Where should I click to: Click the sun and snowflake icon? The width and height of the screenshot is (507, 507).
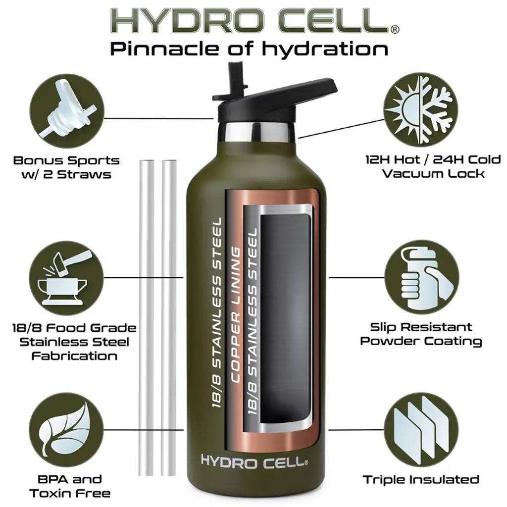click(421, 109)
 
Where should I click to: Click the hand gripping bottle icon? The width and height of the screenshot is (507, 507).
click(421, 277)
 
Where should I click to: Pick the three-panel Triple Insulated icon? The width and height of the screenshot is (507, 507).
click(421, 430)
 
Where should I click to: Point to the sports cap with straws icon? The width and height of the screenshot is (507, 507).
click(67, 109)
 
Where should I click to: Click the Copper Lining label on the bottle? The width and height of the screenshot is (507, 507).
click(236, 315)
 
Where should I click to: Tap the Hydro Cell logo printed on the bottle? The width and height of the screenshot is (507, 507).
click(254, 461)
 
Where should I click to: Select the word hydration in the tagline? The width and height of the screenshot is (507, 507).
click(325, 49)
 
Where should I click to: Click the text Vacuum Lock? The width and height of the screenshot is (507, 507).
click(433, 174)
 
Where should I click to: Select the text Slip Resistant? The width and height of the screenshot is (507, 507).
click(421, 327)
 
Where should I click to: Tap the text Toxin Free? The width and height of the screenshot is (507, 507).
click(70, 494)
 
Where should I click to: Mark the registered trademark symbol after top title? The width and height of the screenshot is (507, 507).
click(395, 29)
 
